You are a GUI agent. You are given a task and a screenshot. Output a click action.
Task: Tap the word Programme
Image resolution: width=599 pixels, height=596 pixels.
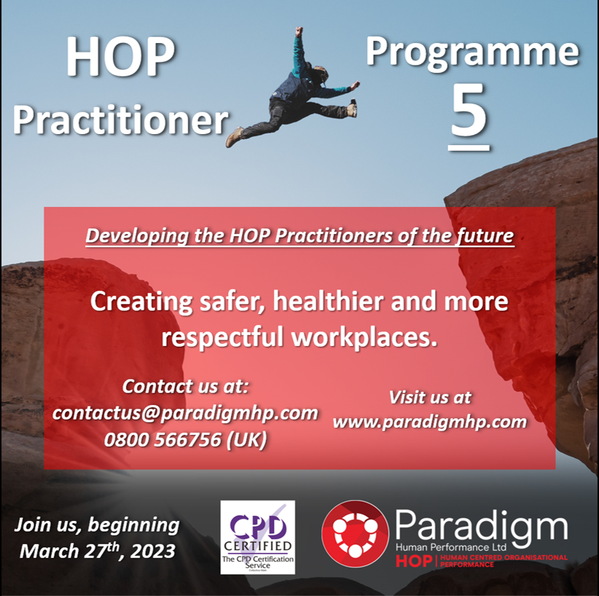pos(473,51)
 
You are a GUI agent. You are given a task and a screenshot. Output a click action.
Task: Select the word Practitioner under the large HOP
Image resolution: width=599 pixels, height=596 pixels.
pos(120,119)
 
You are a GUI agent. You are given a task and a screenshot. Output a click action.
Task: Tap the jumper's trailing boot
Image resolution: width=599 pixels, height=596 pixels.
pos(235,137)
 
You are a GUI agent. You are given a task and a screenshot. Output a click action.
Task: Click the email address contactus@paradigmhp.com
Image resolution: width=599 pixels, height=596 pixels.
pos(185,413)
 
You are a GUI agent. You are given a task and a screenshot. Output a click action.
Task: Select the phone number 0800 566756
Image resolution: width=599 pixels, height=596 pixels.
pos(185,440)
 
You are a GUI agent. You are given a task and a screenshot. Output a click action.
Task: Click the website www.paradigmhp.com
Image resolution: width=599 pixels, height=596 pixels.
pos(429,421)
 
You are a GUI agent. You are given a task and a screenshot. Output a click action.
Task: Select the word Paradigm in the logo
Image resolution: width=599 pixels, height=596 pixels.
pos(481,527)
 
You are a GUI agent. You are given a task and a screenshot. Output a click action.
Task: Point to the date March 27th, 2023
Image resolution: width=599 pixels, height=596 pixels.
pos(97,552)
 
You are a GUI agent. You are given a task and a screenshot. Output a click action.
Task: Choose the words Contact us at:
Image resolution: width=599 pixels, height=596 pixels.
pos(185,386)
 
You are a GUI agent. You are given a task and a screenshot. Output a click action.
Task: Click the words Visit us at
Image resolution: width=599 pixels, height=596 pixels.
pos(429,397)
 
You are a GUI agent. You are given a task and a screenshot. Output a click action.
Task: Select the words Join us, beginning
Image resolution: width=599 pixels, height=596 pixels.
pos(97,524)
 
